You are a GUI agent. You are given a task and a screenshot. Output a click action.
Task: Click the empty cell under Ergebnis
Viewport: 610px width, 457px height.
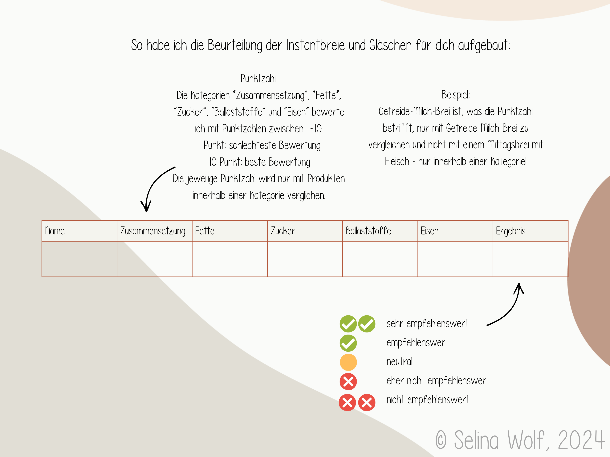pyautogui.click(x=530, y=259)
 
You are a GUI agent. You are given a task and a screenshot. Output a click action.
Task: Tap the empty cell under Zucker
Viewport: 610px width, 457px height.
pyautogui.click(x=305, y=259)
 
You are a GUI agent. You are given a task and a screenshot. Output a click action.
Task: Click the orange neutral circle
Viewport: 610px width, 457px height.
pyautogui.click(x=348, y=362)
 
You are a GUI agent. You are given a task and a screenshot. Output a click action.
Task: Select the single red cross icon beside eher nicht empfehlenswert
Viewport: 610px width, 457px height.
pyautogui.click(x=348, y=382)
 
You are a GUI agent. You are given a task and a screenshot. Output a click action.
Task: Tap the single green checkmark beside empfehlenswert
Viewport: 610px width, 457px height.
pyautogui.click(x=348, y=343)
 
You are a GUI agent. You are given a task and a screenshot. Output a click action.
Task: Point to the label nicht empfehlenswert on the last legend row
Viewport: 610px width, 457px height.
pyautogui.click(x=428, y=400)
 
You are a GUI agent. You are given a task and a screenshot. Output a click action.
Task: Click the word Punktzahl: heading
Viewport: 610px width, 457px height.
pyautogui.click(x=259, y=78)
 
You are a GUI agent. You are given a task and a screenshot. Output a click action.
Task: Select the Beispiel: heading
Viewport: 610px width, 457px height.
pyautogui.click(x=456, y=95)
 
